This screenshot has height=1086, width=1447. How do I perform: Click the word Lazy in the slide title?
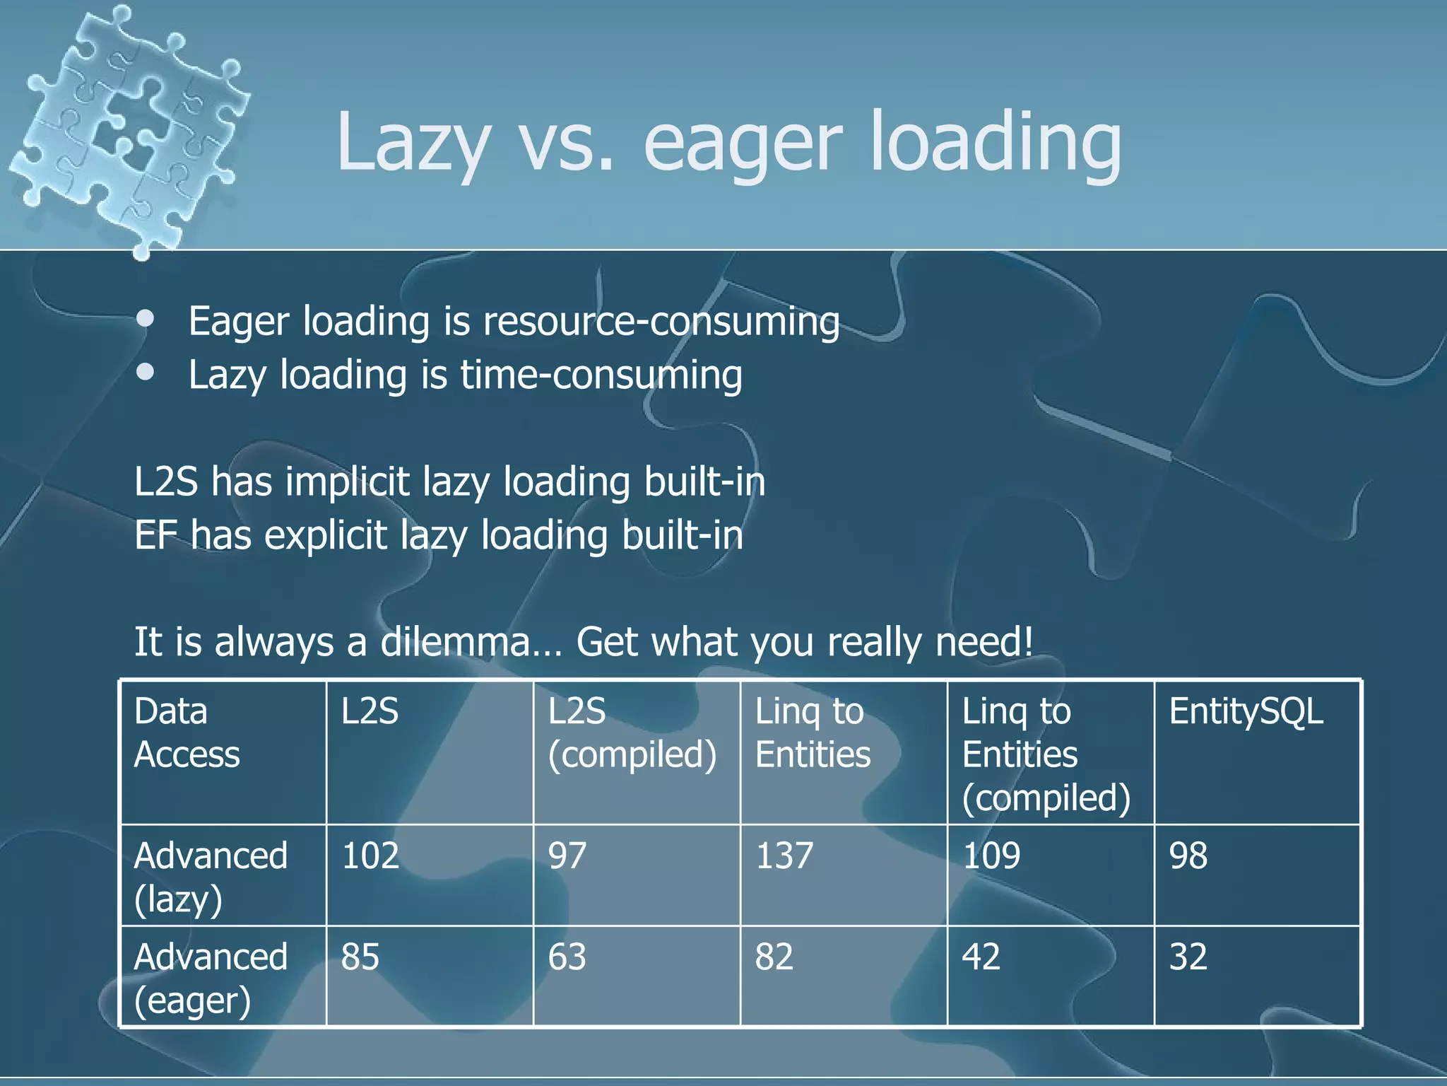point(413,145)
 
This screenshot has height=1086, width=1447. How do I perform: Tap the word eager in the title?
point(743,145)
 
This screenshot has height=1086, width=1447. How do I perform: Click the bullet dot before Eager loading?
point(146,319)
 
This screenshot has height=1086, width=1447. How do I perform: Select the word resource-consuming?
point(661,322)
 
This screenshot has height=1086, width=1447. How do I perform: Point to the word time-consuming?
point(601,375)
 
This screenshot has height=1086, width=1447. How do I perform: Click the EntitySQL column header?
point(1246,711)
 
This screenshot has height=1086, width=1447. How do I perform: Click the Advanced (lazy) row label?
point(211,877)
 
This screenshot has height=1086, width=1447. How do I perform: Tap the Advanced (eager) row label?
point(211,978)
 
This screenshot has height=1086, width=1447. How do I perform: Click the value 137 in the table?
point(784,856)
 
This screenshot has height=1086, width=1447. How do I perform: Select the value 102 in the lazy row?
point(370,856)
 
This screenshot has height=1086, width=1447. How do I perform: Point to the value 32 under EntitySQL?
point(1188,957)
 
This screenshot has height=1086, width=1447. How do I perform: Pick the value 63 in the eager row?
point(567,957)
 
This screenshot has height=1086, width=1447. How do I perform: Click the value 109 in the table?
point(991,856)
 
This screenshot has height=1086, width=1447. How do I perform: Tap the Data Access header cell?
point(187,732)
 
